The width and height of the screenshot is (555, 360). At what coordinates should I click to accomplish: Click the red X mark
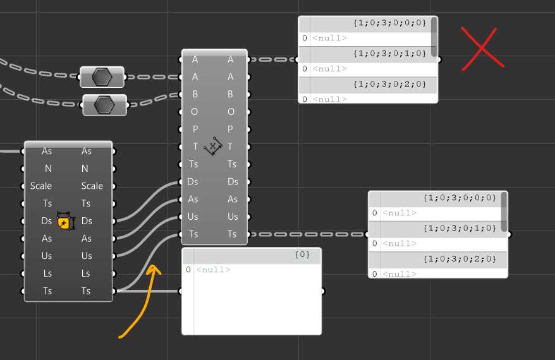coord(482,47)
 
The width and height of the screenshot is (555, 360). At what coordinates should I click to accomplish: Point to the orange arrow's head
coord(153,268)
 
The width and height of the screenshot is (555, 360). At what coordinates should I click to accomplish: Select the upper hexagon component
coord(102,77)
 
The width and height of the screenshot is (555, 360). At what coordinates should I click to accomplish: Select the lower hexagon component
coord(104,105)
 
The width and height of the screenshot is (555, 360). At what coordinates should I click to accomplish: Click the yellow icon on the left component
coord(64,222)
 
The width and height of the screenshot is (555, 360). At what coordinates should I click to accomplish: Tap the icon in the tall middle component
coord(214,147)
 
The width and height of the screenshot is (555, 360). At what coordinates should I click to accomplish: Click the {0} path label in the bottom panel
coord(303,255)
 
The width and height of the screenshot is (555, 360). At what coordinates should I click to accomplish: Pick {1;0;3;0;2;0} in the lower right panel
coord(460,259)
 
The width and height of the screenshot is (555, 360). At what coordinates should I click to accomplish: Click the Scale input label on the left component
coord(41,186)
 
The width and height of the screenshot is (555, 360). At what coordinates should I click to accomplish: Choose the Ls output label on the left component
coord(86,273)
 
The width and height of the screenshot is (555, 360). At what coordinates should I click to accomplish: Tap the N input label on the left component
coord(48,169)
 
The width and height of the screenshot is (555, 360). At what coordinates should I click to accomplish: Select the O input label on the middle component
coord(195,112)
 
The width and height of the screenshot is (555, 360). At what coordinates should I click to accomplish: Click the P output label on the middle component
coord(231,129)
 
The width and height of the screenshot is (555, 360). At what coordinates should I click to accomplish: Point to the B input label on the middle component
coord(195,94)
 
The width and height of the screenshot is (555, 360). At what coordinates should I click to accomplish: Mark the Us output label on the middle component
coord(233,217)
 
